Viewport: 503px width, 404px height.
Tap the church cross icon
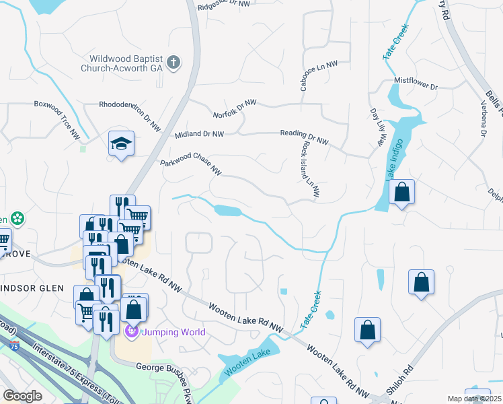173,63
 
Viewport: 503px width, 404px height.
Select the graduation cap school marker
122,144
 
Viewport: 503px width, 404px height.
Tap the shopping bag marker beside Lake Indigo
401,193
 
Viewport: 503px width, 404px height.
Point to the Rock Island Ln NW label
308,172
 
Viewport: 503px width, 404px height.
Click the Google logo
22,395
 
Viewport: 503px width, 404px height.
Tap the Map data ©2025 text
474,399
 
